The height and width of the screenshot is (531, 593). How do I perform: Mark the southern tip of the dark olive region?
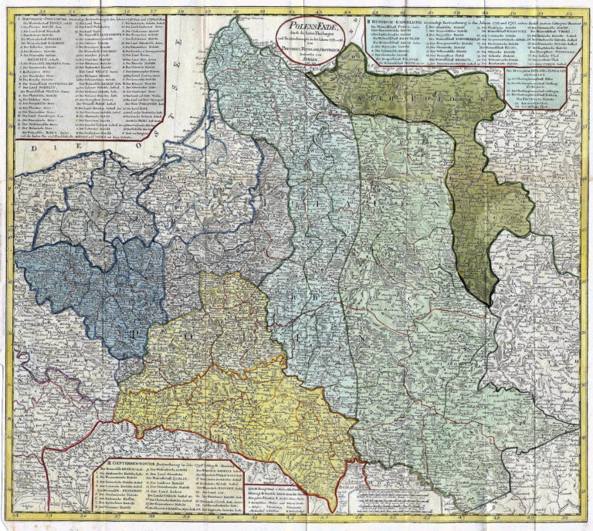pos(485,303)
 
